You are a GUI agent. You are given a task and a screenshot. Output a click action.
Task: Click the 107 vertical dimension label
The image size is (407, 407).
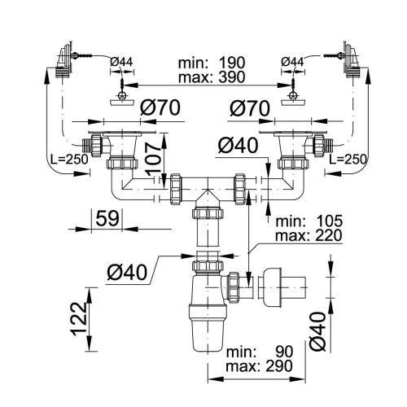tap(154, 159)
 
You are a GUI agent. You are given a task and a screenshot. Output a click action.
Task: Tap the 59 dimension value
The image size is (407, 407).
tap(107, 218)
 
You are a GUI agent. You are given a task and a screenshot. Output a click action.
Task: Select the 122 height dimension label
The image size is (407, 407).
tap(79, 319)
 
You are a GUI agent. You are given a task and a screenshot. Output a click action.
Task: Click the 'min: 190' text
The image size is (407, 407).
tap(212, 63)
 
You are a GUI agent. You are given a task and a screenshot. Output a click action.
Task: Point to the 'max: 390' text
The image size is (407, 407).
tap(212, 77)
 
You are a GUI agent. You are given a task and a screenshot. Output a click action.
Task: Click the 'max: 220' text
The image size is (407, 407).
tap(309, 235)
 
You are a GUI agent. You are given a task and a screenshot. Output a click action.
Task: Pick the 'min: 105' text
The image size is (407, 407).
tap(309, 221)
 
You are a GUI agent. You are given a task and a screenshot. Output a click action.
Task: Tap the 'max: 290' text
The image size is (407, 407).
tap(260, 365)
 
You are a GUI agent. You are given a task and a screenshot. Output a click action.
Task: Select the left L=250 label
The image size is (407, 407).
tap(69, 159)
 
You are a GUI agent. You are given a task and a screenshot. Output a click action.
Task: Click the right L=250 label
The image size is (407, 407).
tap(348, 159)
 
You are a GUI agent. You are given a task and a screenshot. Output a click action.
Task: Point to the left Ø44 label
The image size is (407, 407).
tap(121, 62)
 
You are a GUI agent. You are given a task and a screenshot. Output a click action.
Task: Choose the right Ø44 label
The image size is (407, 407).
tap(292, 62)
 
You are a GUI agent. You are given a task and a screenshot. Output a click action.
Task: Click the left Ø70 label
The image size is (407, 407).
tap(160, 107)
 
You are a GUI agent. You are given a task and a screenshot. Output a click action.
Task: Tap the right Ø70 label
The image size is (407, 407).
tap(250, 108)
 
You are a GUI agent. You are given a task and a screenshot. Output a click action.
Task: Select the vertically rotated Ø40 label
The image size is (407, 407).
tap(317, 331)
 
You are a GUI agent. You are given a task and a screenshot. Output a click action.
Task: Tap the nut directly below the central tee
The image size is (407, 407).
tap(208, 213)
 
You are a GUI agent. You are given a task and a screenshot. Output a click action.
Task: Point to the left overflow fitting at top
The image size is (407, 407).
tap(64, 59)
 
